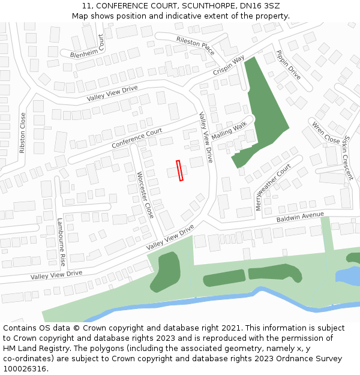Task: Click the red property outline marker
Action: (x=179, y=170)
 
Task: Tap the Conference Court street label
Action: (x=137, y=139)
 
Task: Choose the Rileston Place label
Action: (x=195, y=45)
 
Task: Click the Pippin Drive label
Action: (x=289, y=65)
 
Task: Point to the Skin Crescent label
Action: (x=347, y=157)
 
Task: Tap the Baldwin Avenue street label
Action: (x=300, y=217)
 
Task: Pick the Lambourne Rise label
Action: (x=61, y=242)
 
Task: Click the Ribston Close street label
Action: (x=23, y=133)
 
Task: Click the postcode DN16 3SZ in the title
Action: (x=259, y=5)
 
